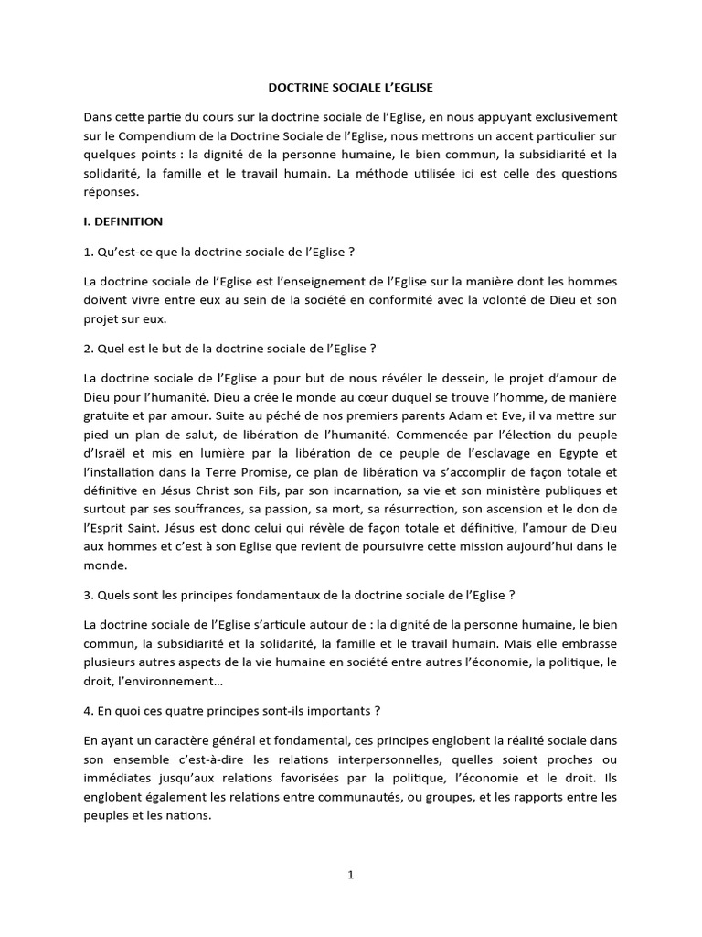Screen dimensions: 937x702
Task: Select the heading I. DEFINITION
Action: click(x=122, y=221)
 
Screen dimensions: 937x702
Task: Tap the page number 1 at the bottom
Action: click(x=350, y=875)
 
